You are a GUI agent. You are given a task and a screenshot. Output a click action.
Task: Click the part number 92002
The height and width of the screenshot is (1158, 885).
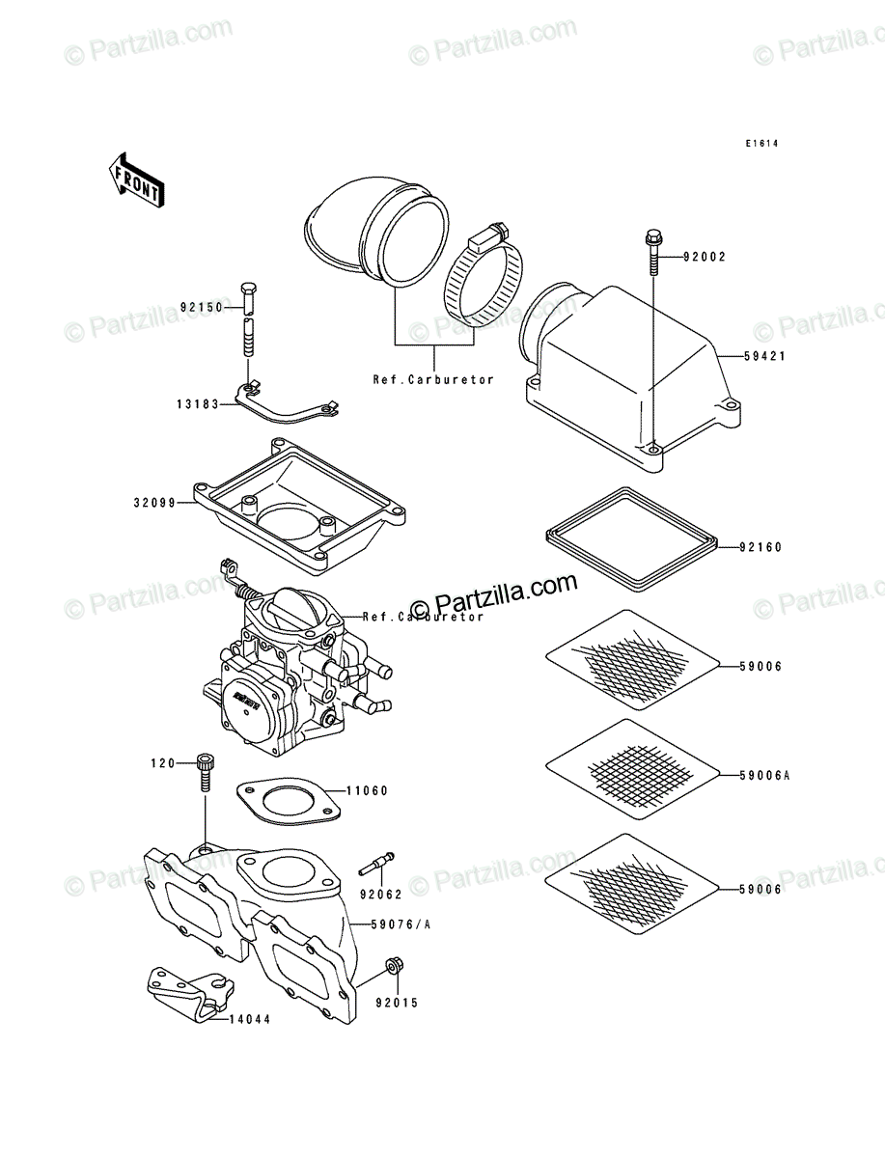click(705, 257)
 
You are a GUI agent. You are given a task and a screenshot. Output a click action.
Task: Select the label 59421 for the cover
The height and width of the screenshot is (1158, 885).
click(764, 356)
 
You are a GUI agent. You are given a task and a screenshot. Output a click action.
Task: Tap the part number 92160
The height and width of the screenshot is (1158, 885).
click(761, 547)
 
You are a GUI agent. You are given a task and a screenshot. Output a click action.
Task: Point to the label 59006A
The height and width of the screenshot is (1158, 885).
click(764, 776)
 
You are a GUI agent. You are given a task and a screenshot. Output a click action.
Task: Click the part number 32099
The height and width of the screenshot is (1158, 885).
click(154, 503)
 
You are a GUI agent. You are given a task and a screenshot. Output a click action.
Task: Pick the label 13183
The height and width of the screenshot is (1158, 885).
click(197, 404)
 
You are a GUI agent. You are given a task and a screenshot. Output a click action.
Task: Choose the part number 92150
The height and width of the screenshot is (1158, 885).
click(201, 307)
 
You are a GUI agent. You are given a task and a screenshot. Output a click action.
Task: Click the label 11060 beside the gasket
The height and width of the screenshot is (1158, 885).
click(367, 790)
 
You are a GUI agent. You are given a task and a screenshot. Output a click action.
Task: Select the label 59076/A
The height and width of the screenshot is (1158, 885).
click(401, 924)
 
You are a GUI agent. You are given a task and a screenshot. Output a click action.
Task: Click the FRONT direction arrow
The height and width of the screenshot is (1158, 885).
click(136, 179)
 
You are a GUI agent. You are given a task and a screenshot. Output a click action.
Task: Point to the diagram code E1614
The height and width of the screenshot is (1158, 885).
click(761, 144)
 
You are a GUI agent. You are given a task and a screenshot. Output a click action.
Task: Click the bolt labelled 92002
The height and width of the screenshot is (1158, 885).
click(653, 252)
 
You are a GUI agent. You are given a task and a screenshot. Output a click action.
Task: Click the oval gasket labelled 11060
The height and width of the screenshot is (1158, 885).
click(288, 801)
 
